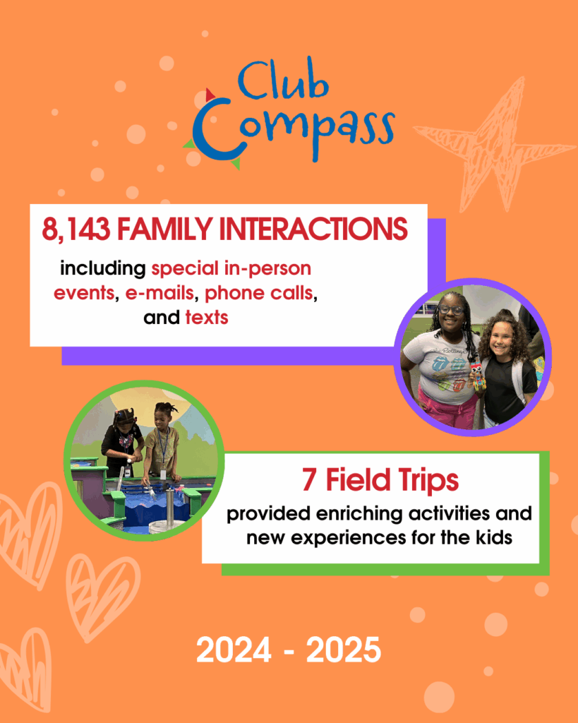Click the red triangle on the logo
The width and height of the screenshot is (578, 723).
point(210,95)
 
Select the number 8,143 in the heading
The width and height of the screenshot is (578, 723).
point(76,229)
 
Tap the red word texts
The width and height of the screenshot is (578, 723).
point(207,318)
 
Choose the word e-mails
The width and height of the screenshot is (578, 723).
point(159,293)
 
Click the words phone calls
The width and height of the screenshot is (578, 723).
point(258,293)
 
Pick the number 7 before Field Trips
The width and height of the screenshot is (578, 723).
point(309,480)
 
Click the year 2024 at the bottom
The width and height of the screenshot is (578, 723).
point(234,650)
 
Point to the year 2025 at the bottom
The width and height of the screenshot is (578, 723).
point(344,650)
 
